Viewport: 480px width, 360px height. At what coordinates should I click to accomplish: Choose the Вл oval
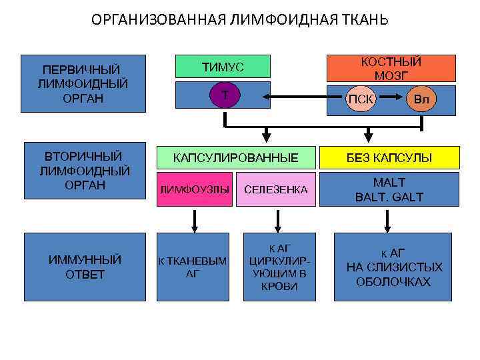[421, 99]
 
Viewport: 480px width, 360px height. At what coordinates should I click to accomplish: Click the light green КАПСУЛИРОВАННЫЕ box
[235, 158]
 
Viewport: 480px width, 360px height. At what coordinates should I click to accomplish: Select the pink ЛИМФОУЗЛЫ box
[194, 190]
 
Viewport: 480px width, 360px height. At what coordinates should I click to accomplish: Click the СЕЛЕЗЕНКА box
[276, 190]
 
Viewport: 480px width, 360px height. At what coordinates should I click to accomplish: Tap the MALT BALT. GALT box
[389, 189]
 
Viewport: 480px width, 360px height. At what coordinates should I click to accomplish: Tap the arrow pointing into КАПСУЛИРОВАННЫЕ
[267, 135]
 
